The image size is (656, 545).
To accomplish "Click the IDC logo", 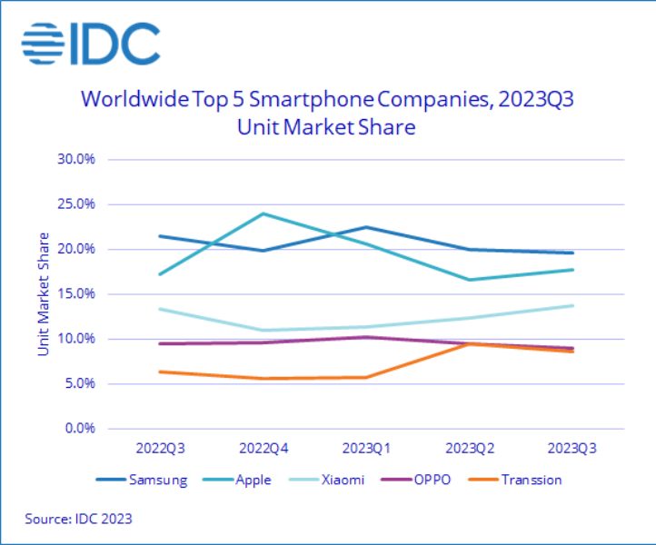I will [x=91, y=44].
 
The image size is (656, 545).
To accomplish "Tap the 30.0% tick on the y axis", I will [x=76, y=159].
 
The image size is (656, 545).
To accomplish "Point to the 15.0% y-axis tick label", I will [x=76, y=293].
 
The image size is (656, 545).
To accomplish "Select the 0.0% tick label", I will [x=79, y=428].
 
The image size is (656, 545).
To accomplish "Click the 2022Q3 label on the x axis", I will [x=160, y=449].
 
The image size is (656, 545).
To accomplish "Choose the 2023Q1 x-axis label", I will [x=366, y=449].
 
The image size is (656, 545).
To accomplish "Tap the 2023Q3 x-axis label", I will [x=572, y=449].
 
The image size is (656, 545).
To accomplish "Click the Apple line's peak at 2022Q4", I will [x=263, y=213].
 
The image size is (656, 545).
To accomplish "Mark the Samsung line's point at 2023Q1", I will [x=366, y=227].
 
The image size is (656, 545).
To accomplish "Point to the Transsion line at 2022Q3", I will [x=160, y=372].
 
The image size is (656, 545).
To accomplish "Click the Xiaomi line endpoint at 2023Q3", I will [x=572, y=305].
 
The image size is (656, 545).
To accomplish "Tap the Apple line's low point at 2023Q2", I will [x=470, y=280].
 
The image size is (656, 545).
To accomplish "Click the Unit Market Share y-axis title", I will [x=43, y=293].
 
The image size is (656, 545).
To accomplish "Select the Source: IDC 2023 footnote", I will [x=78, y=520].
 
